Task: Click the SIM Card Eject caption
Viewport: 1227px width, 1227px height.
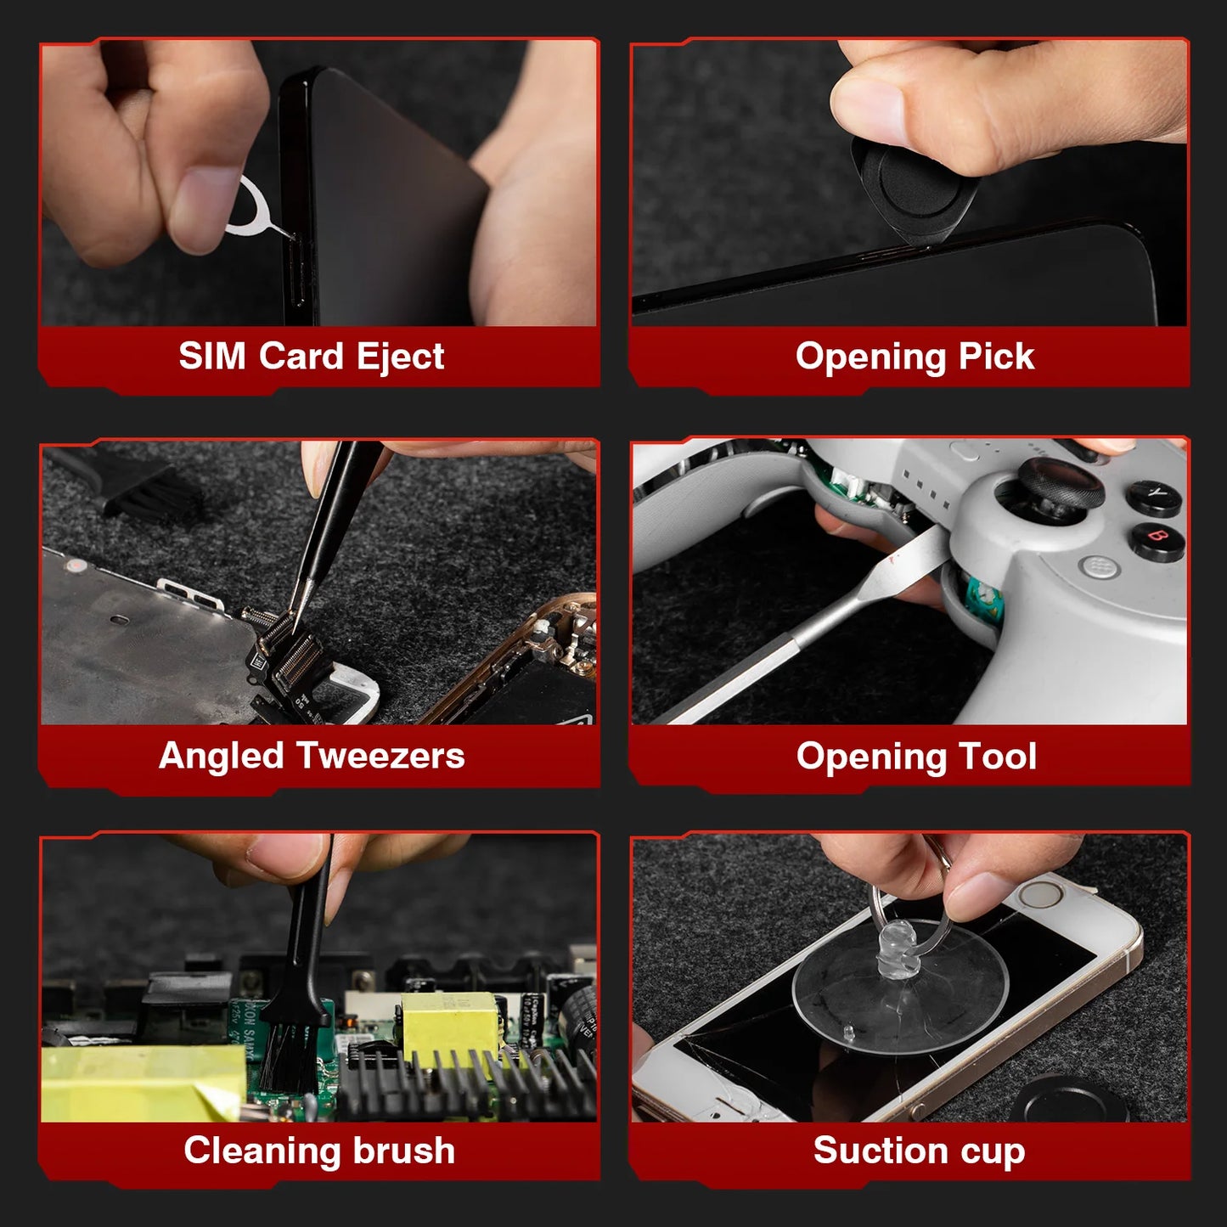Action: click(x=311, y=356)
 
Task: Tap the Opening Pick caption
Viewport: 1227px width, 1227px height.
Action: click(x=915, y=357)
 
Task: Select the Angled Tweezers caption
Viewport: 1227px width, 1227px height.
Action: click(x=311, y=756)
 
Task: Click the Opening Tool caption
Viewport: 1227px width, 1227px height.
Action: click(x=916, y=757)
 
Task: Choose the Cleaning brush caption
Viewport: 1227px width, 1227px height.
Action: click(x=319, y=1151)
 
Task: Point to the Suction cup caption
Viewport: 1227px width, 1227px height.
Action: click(x=919, y=1151)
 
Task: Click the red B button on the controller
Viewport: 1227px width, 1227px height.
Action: click(x=1157, y=538)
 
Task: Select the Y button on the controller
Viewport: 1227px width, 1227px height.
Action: click(x=1156, y=493)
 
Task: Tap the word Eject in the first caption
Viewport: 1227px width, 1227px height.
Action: click(x=400, y=357)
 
